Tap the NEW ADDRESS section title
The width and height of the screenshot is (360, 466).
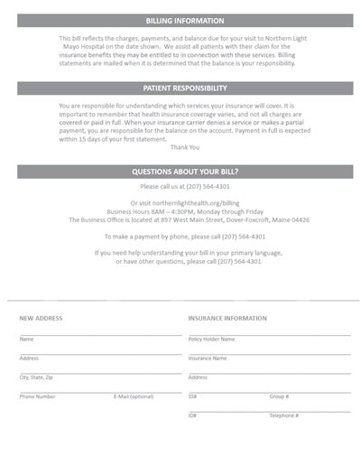point(41,318)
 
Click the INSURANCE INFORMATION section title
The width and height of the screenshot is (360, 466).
point(227,318)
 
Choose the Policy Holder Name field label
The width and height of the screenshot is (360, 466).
point(211,340)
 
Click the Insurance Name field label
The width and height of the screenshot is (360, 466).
point(207,359)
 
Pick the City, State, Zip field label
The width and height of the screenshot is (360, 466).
point(36,377)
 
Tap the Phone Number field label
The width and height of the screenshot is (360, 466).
point(37,396)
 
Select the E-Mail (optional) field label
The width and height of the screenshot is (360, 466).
point(133,396)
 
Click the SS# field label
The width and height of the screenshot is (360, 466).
point(192,396)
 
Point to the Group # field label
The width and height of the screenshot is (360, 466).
point(279,396)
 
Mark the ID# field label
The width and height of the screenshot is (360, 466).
point(192,415)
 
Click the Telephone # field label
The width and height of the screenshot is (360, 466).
point(283,415)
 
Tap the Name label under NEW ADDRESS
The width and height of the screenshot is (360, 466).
point(26,340)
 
